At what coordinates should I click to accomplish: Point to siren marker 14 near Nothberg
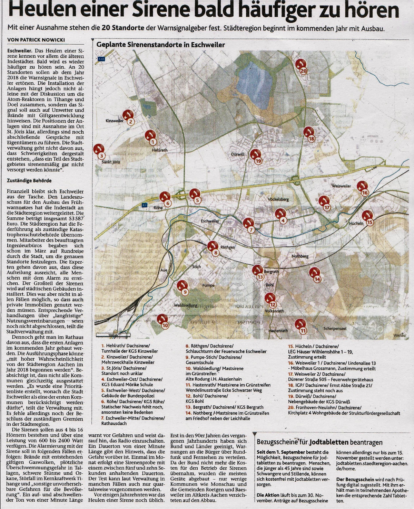point(315,274)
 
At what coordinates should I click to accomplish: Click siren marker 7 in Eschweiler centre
point(249,225)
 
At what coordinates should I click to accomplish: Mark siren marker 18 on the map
point(309,134)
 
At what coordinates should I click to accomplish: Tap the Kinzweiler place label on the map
point(115,121)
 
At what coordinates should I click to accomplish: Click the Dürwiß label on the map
point(237,154)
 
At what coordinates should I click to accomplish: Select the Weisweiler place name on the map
point(341,186)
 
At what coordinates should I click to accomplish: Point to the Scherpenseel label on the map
point(335,329)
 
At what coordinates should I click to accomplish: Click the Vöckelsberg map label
point(278,199)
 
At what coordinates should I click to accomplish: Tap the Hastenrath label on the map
point(278,331)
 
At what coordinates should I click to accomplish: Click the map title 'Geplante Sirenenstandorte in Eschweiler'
point(160,45)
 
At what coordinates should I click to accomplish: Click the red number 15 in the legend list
point(290,346)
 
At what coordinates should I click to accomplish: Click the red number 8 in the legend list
point(187,346)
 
